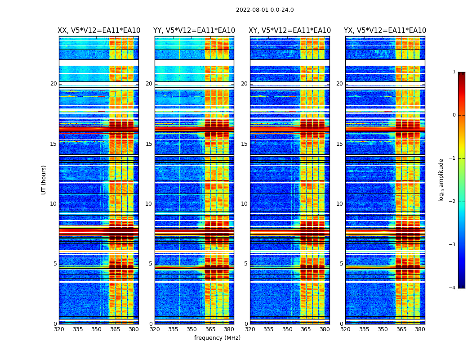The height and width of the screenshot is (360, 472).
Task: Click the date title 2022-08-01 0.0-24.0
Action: tap(265, 10)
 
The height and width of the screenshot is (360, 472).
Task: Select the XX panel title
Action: tap(99, 31)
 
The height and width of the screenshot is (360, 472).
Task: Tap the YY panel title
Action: tap(194, 31)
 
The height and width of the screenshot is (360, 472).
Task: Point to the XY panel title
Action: tap(290, 31)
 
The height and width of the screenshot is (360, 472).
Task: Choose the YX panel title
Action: tap(385, 31)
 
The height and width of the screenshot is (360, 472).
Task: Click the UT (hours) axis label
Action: tap(44, 180)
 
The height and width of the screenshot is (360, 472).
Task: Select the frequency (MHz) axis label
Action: tap(217, 338)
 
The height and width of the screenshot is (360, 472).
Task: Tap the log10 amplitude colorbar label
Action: tap(441, 180)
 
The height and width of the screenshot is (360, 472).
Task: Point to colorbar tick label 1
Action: tap(454, 72)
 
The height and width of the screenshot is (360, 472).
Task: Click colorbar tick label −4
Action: tap(453, 288)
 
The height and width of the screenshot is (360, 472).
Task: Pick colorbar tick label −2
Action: tap(453, 202)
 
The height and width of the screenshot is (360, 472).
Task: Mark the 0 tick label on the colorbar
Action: tap(454, 115)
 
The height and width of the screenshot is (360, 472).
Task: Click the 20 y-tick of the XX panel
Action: tap(53, 84)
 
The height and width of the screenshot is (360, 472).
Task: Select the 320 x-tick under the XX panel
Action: tap(59, 329)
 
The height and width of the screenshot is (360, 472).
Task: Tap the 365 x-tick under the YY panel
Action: tap(210, 329)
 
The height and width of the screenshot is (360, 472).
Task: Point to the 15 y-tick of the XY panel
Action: tap(245, 144)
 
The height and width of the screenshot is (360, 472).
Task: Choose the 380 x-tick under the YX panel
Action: tap(420, 329)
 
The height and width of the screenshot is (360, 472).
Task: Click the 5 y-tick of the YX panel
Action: tap(342, 264)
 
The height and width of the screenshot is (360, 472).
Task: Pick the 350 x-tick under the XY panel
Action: tap(287, 329)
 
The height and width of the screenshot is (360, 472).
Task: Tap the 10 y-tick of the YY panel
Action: tap(149, 204)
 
